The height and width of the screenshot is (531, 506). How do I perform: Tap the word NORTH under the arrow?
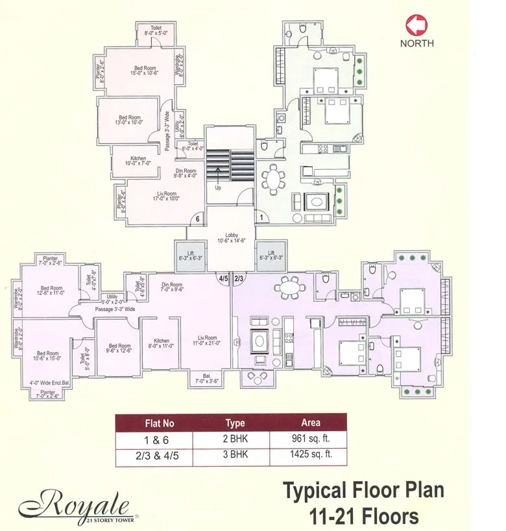[417, 43]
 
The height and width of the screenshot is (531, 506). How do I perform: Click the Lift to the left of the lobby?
[190, 255]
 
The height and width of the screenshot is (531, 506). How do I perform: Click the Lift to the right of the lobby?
[271, 255]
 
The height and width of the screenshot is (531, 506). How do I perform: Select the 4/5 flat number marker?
[224, 279]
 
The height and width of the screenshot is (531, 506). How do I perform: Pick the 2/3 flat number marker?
[239, 279]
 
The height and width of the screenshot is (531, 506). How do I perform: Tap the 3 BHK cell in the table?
[235, 455]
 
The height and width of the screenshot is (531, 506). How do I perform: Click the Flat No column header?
[159, 423]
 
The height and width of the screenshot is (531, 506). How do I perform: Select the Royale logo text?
[75, 502]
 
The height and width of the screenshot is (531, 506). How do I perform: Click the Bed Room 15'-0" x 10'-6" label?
[145, 71]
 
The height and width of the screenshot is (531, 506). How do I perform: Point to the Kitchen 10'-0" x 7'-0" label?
[138, 161]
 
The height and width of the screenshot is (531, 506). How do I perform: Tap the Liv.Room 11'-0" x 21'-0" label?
[207, 340]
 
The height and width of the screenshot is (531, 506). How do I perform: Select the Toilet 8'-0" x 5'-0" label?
[156, 31]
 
